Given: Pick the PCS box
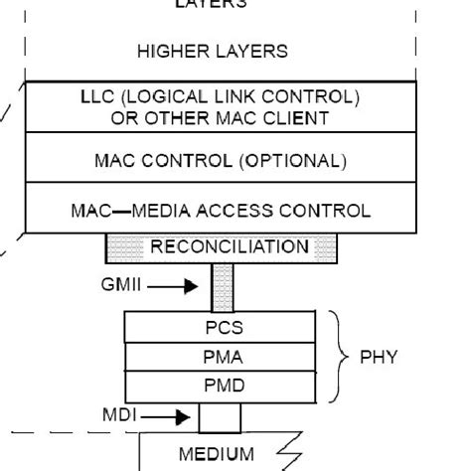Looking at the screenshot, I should [222, 327].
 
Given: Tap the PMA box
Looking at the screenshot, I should [222, 355].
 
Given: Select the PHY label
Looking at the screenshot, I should [378, 355].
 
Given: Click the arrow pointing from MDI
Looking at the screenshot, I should [168, 418].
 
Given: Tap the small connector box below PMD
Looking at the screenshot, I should [220, 417].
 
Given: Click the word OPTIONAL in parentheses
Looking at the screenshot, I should [297, 159].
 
